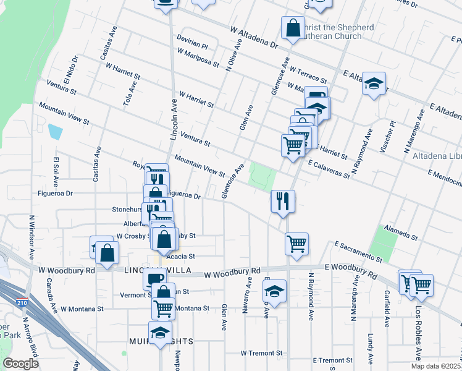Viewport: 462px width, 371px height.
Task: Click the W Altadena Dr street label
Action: pos(254,37)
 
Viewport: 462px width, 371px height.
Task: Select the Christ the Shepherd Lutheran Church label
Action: pos(337,32)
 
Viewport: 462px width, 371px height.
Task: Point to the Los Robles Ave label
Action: pos(418,341)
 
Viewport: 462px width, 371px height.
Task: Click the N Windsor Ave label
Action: pos(31,237)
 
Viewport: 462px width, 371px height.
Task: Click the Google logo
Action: pos(20,364)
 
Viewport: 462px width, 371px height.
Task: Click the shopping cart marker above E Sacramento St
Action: pos(296,242)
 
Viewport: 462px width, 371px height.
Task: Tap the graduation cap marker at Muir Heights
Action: pos(161,333)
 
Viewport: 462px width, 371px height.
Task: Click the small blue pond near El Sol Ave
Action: pos(55,132)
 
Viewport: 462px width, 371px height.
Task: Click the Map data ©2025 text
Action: pos(436,366)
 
